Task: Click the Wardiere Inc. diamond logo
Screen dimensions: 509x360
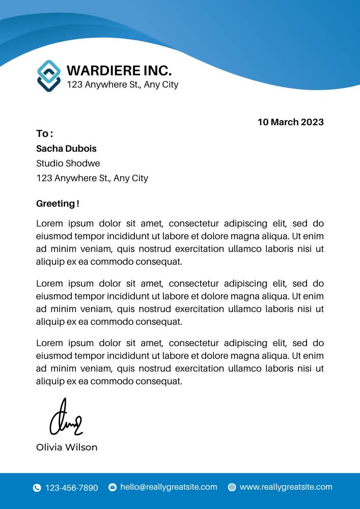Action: click(49, 76)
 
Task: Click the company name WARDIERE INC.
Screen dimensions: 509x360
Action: click(119, 71)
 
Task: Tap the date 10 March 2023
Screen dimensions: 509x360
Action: click(290, 122)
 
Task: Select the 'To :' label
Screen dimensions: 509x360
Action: click(44, 134)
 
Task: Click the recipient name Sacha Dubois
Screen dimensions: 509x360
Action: click(66, 149)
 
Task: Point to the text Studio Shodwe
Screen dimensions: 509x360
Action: click(68, 163)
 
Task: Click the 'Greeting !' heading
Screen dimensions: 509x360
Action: click(58, 204)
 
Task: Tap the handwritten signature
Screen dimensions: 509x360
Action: click(65, 419)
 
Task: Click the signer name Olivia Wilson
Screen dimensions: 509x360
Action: click(67, 447)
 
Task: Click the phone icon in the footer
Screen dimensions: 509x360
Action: click(37, 488)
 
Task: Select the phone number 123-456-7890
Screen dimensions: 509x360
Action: click(72, 488)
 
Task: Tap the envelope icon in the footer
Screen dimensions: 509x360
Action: click(113, 487)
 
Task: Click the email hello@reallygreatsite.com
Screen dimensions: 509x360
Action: click(169, 487)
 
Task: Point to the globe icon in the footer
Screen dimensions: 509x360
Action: click(232, 487)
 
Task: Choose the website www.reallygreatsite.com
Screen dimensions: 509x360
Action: click(286, 487)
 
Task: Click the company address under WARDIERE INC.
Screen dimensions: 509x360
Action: click(123, 84)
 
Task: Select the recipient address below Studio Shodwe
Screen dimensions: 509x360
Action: click(92, 178)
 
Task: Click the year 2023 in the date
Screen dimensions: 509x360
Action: click(312, 122)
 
